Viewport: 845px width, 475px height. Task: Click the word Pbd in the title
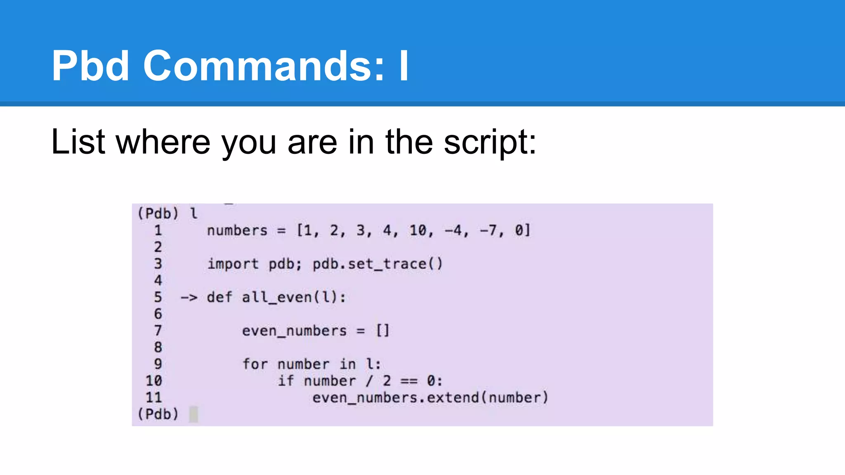90,66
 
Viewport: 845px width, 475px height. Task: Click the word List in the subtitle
78,142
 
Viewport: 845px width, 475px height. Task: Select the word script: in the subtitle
490,143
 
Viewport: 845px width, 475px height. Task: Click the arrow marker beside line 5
189,297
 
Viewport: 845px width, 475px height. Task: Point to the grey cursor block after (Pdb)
194,414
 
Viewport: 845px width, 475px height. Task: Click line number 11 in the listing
153,397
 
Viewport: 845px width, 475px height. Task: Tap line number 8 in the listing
158,347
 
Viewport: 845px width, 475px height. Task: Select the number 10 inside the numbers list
418,230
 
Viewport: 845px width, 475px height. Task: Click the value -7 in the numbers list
489,230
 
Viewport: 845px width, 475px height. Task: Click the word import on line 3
233,264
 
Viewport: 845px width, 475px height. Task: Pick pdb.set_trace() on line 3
377,264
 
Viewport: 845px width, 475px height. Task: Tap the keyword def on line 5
220,297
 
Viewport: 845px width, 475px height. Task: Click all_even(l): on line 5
294,297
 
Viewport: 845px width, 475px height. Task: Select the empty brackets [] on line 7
382,331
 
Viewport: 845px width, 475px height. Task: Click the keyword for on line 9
255,364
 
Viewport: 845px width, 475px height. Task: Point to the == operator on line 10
409,381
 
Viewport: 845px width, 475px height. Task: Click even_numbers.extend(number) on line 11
430,398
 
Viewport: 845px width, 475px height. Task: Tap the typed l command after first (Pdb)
194,213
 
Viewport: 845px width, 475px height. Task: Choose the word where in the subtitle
163,142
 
